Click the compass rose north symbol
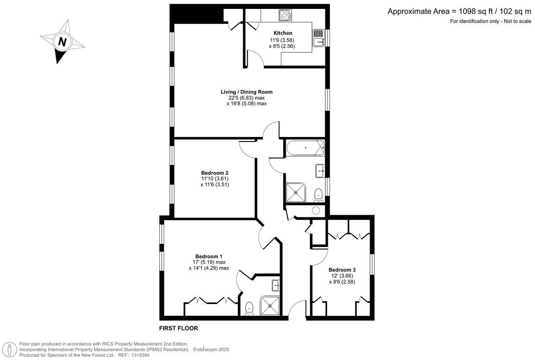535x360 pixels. [x=62, y=42]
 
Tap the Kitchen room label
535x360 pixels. [x=282, y=33]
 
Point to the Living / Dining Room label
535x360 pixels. [x=246, y=92]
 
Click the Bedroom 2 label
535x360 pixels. [x=215, y=173]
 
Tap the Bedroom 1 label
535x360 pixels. [x=209, y=256]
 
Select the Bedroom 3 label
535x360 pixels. [x=342, y=270]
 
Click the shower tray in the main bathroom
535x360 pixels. [x=296, y=192]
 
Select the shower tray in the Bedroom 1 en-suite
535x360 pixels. [x=270, y=306]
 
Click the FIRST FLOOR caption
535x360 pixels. [x=178, y=328]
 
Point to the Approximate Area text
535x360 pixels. [x=459, y=11]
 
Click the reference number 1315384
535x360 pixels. [x=139, y=355]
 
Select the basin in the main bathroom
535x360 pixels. [x=320, y=171]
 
